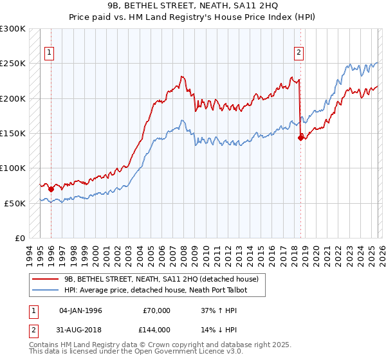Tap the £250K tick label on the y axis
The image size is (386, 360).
click(13, 64)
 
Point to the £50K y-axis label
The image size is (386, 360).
click(15, 203)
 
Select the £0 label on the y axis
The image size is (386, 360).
click(19, 238)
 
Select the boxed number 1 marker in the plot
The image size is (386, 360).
click(50, 53)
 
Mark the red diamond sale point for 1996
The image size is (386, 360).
click(51, 189)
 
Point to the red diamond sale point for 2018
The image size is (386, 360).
click(300, 137)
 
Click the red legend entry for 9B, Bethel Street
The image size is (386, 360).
click(161, 279)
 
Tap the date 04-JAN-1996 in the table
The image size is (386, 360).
click(80, 310)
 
